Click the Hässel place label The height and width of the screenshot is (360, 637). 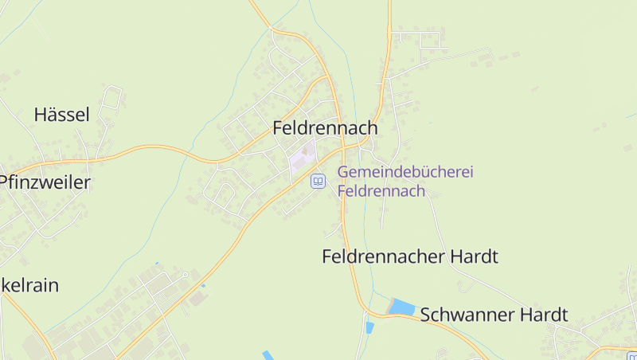pos(61,115)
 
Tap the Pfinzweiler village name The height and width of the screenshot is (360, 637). pos(45,182)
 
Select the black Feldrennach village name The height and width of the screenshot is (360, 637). pos(325,127)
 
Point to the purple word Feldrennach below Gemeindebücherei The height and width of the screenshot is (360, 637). pos(381,191)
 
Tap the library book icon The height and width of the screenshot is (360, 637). pos(318,182)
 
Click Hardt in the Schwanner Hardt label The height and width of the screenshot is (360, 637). pos(545,315)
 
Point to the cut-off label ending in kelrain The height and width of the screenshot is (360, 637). pos(29,285)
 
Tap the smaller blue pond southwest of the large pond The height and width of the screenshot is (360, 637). pos(369,327)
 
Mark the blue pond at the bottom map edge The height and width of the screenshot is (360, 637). pos(268,355)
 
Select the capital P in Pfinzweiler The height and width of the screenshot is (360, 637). pos(3,182)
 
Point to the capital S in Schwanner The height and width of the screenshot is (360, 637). pos(426,315)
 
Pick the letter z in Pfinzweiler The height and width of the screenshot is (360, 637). pos(34,182)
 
